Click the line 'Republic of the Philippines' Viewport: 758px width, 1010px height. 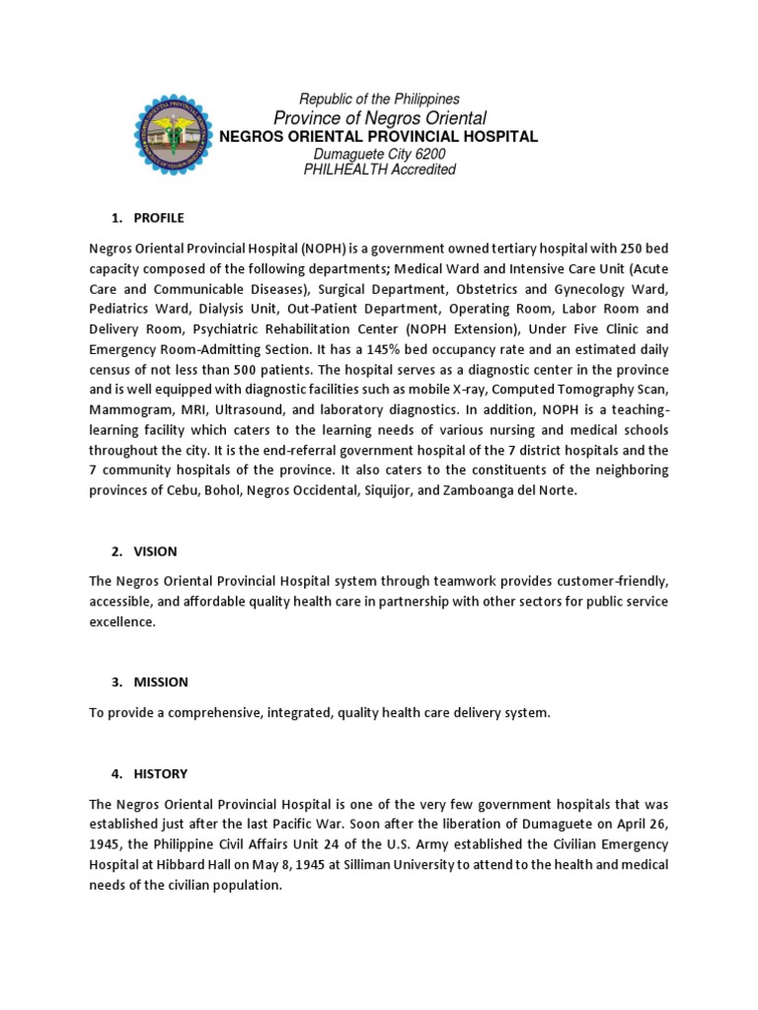(x=379, y=100)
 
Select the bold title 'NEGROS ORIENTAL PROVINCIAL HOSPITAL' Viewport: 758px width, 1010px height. (x=379, y=136)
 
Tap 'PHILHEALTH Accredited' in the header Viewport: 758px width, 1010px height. (x=379, y=170)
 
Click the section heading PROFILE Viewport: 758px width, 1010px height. (x=159, y=218)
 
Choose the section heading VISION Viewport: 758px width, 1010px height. (x=156, y=551)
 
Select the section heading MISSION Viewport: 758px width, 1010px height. (x=161, y=682)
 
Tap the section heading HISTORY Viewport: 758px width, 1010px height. (x=160, y=774)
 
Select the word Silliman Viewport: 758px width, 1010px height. (x=366, y=864)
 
